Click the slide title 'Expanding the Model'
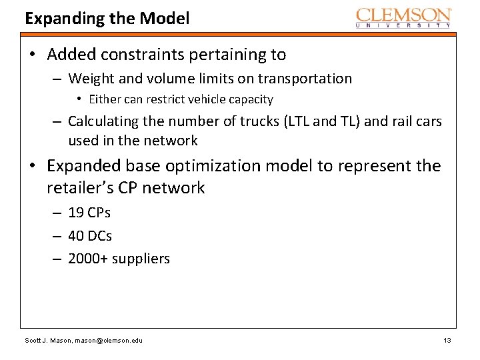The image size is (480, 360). (107, 18)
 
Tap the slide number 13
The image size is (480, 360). (447, 341)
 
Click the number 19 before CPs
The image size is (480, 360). (75, 213)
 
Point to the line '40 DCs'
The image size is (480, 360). (90, 235)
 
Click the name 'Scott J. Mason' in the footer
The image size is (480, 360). (45, 341)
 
